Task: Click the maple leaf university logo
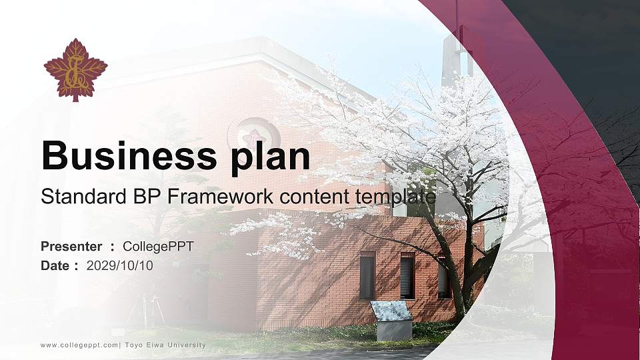coord(75,69)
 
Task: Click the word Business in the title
coord(125,156)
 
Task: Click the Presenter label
coord(71,247)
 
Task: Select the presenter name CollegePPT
coord(159,247)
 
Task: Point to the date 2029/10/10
coord(120,265)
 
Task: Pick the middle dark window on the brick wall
coord(407,276)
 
